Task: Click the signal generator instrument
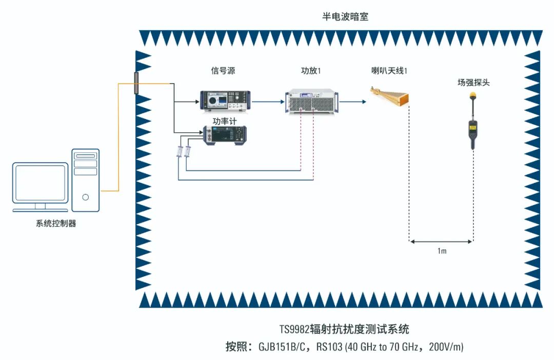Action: click(x=225, y=101)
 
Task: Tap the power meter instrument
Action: click(x=225, y=135)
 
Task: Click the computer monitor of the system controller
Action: click(x=41, y=184)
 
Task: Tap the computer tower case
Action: click(x=85, y=180)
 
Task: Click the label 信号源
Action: click(x=223, y=71)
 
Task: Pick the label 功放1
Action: click(x=311, y=71)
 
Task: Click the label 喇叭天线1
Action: click(x=389, y=71)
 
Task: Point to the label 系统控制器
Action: click(x=56, y=224)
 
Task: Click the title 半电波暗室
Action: click(x=345, y=17)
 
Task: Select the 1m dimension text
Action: click(x=442, y=252)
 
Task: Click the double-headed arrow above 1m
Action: click(x=441, y=242)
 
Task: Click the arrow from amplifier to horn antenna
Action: click(x=352, y=102)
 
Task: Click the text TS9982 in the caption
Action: click(x=293, y=329)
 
